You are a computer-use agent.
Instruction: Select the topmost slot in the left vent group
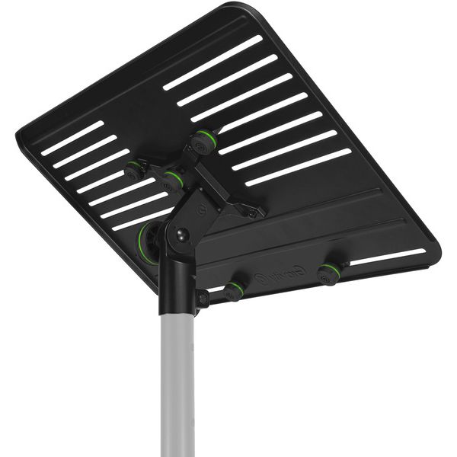(x=72, y=138)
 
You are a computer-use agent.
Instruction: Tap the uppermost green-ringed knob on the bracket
(x=203, y=141)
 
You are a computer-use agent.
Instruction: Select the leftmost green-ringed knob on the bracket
(x=135, y=169)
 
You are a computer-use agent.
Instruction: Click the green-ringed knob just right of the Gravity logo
(x=329, y=273)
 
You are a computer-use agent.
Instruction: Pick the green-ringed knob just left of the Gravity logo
(x=235, y=289)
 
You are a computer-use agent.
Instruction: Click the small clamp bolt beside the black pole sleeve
(x=203, y=299)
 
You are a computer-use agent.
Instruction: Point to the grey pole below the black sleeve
(x=177, y=381)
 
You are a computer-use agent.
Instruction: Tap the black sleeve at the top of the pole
(x=177, y=286)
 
